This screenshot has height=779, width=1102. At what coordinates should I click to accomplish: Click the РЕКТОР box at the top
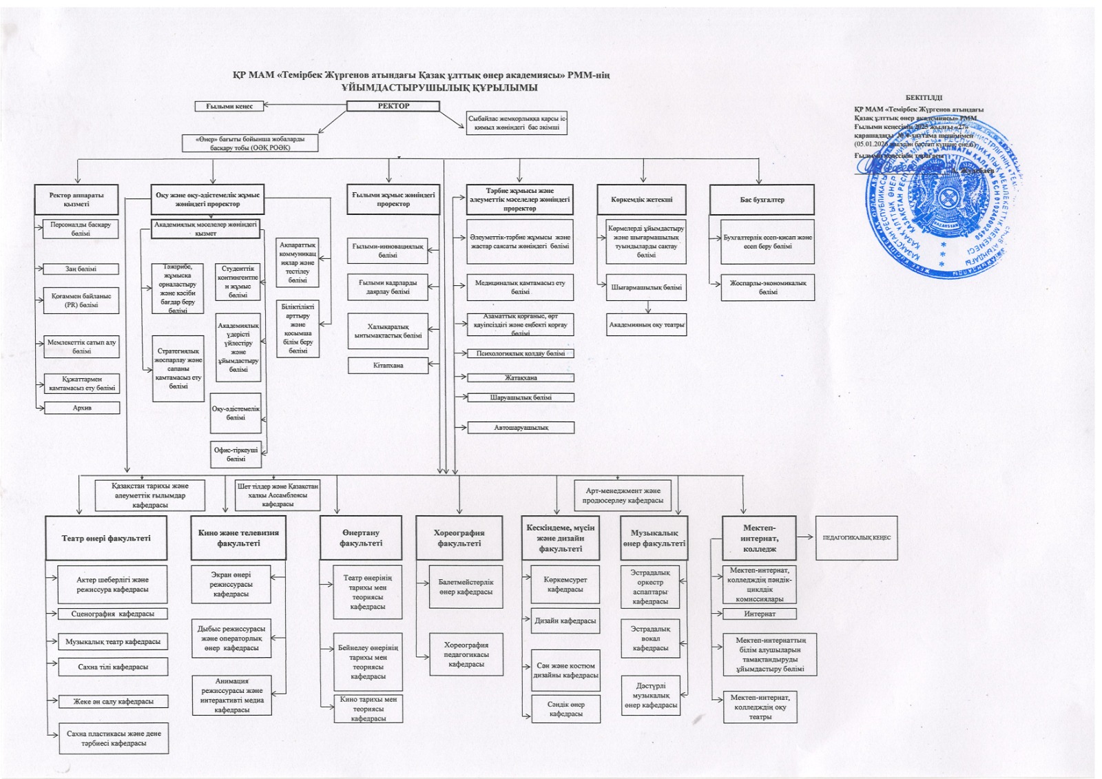(393, 106)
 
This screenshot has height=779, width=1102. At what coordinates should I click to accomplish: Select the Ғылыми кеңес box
(229, 106)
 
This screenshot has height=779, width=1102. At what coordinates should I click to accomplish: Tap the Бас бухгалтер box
(762, 200)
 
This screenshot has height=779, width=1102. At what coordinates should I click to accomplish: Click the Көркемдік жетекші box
(641, 200)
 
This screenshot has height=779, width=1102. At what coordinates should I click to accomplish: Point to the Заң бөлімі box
(81, 269)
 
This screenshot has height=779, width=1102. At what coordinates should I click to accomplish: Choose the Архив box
(82, 408)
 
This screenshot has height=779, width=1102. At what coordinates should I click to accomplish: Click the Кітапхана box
(388, 365)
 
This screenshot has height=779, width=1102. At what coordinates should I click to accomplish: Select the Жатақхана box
(520, 377)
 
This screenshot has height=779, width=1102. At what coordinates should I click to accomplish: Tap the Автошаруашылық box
(521, 428)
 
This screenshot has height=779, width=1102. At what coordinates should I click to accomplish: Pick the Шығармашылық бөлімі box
(646, 287)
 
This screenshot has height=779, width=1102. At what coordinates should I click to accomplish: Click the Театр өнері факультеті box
(106, 538)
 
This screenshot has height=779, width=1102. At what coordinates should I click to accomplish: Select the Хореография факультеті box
(459, 538)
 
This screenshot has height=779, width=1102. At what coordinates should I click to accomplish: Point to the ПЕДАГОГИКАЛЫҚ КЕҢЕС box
(856, 537)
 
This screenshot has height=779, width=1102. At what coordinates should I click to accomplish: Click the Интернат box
(760, 614)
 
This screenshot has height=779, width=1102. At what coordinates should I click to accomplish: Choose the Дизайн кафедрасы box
(565, 621)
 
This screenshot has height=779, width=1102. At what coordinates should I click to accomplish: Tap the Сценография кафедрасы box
(113, 614)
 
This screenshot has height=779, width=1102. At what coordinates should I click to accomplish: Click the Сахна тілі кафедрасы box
(113, 667)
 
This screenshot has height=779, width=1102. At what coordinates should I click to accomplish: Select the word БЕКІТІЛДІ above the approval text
(924, 98)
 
